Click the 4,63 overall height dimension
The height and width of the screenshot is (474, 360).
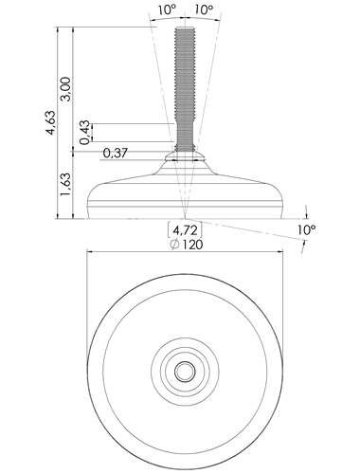point(50,122)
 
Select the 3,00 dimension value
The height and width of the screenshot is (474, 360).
point(66,89)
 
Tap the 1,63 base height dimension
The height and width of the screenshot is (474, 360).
point(66,184)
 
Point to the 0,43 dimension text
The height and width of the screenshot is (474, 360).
point(84,133)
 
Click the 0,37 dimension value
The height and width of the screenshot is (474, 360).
point(116,154)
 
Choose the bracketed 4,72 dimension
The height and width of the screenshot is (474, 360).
point(185,229)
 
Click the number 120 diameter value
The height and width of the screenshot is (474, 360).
point(191,245)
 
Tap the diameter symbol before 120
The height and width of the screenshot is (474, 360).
point(175,245)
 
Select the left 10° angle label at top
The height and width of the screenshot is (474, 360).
point(168,9)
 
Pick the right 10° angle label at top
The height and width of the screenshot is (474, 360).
point(204,9)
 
